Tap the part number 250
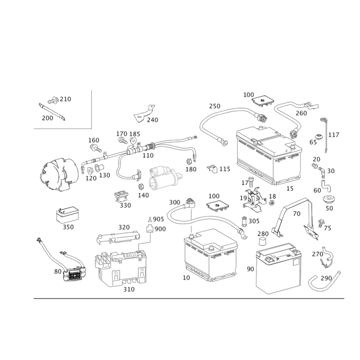(x=215, y=106)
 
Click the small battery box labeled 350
(x=67, y=215)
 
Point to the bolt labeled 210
(x=53, y=100)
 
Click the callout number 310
(x=129, y=289)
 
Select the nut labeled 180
(x=189, y=162)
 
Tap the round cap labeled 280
(x=262, y=242)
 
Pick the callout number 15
(x=290, y=189)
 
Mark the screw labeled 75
(x=321, y=223)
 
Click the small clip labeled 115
(x=212, y=169)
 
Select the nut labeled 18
(x=271, y=203)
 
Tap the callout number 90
(x=250, y=269)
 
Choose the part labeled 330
(x=121, y=196)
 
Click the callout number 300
(x=175, y=202)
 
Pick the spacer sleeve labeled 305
(x=244, y=221)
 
